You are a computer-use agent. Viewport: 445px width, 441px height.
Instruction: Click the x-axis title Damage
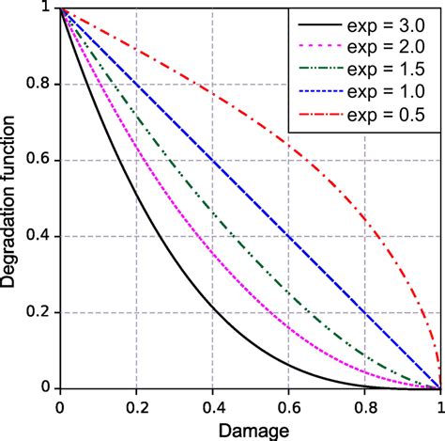pos(250,428)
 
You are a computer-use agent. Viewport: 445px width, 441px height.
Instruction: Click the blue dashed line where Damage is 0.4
pos(212,161)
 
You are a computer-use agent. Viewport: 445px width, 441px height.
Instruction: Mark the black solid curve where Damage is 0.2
pos(136,194)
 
